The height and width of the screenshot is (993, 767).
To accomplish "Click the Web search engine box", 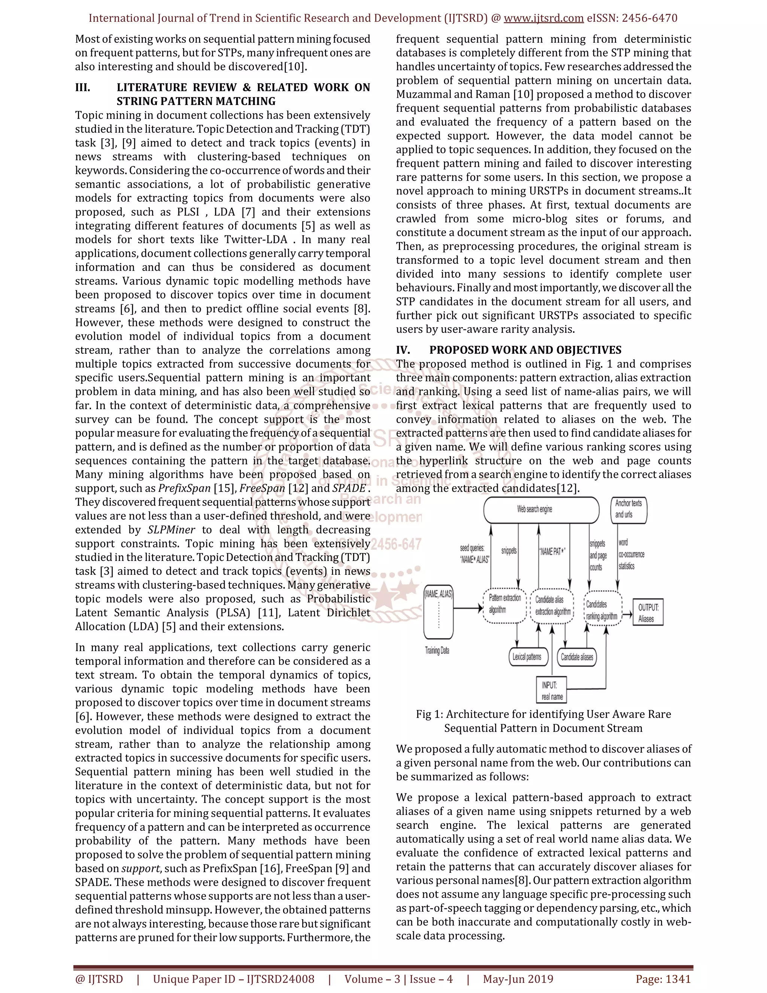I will coord(541,510).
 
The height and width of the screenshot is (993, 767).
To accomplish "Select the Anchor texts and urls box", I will coord(628,510).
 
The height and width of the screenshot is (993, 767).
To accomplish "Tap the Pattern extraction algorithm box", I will coord(504,606).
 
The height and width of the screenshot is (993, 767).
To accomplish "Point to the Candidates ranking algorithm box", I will coord(602,609).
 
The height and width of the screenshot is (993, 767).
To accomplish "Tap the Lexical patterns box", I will coord(527,657).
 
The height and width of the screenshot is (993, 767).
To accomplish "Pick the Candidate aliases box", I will coord(577,657).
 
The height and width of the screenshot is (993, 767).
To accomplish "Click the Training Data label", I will coord(437,651).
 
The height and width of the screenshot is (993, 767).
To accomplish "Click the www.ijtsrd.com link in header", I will coord(543,18).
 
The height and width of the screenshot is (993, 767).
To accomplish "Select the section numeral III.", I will coord(83,87).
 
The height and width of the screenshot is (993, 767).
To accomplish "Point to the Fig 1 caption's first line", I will coord(543,714).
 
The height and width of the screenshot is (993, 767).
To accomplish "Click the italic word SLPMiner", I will coord(171,530).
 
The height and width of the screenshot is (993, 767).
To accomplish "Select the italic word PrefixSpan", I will coord(184,488).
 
